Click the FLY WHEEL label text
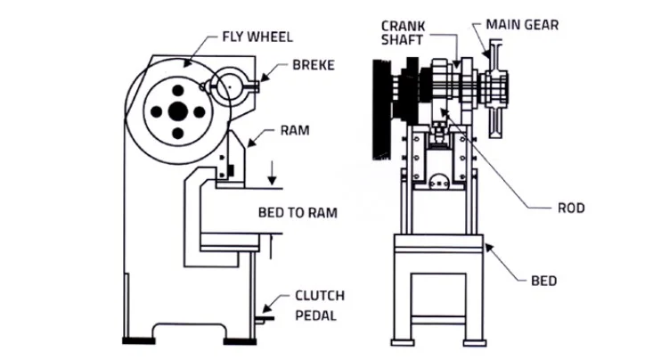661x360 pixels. (257, 37)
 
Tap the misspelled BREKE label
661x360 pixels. (313, 66)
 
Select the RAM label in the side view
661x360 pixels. (295, 130)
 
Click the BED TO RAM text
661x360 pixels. (298, 212)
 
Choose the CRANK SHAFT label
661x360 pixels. (402, 33)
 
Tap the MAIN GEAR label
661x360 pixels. (523, 25)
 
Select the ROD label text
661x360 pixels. (570, 208)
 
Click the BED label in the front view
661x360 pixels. (543, 281)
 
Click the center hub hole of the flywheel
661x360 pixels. (178, 110)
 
